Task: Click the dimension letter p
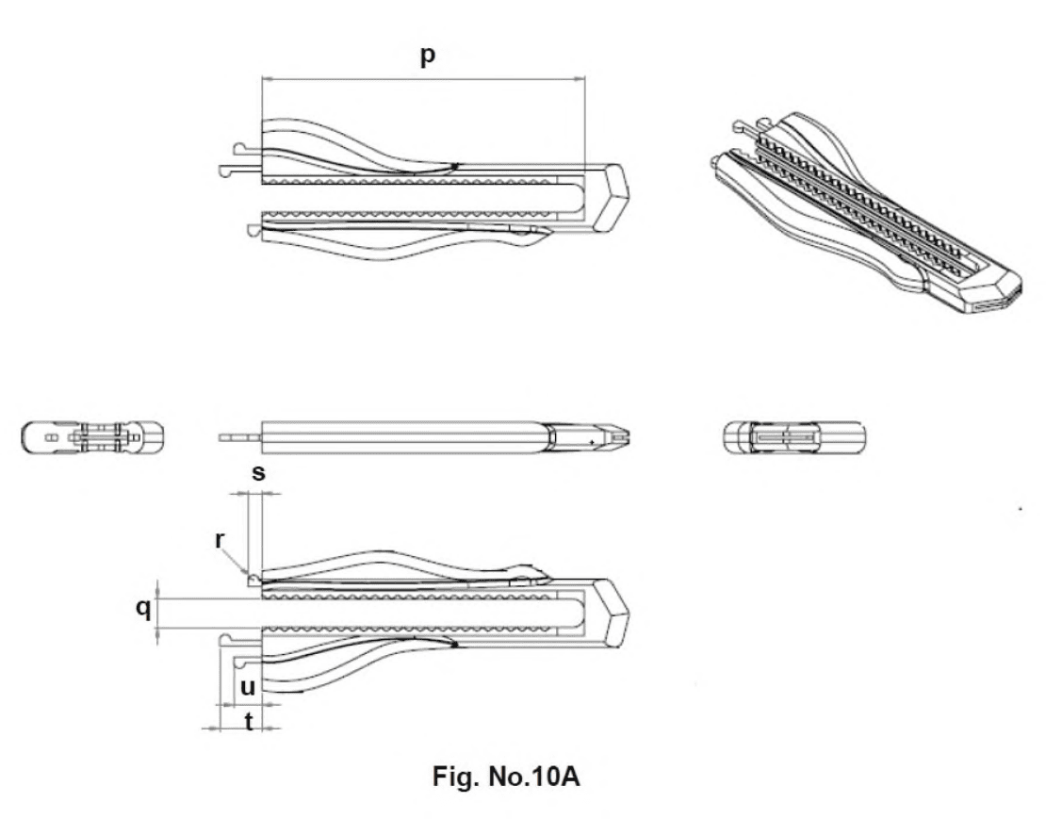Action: [428, 57]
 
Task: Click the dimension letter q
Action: [143, 608]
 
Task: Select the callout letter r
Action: [220, 541]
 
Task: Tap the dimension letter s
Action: [259, 472]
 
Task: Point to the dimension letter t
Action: [249, 722]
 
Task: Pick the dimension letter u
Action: [248, 688]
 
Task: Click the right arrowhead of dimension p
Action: [580, 78]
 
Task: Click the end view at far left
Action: [92, 437]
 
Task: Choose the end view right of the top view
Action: [793, 437]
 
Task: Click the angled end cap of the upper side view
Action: [612, 198]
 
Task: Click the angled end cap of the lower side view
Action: [613, 614]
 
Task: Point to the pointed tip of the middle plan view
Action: [628, 437]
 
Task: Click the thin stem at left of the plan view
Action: [239, 437]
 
